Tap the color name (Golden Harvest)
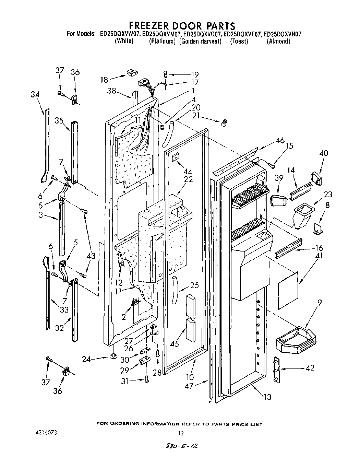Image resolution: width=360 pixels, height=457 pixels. tap(200, 42)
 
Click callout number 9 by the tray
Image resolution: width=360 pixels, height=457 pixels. tap(319, 303)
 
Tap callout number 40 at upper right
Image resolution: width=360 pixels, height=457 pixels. tap(323, 153)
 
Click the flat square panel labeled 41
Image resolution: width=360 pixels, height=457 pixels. tap(288, 290)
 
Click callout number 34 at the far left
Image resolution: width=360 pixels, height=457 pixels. tap(35, 94)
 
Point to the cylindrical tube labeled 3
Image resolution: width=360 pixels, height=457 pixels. tap(62, 228)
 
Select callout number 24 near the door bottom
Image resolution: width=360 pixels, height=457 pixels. tap(87, 359)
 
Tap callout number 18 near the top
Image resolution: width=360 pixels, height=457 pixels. tap(104, 80)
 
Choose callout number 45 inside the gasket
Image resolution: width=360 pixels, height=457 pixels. tap(174, 343)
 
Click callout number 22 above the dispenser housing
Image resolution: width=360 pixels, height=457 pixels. tap(188, 179)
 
